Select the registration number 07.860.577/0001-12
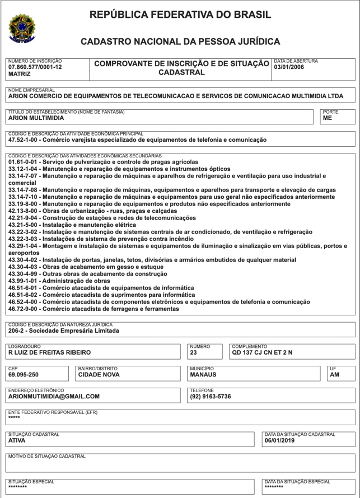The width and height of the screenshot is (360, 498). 35,67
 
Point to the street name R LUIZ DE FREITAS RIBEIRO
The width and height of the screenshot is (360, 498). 49,352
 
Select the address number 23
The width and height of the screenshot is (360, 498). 194,352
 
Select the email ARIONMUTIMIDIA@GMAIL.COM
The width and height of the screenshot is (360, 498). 54,396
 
